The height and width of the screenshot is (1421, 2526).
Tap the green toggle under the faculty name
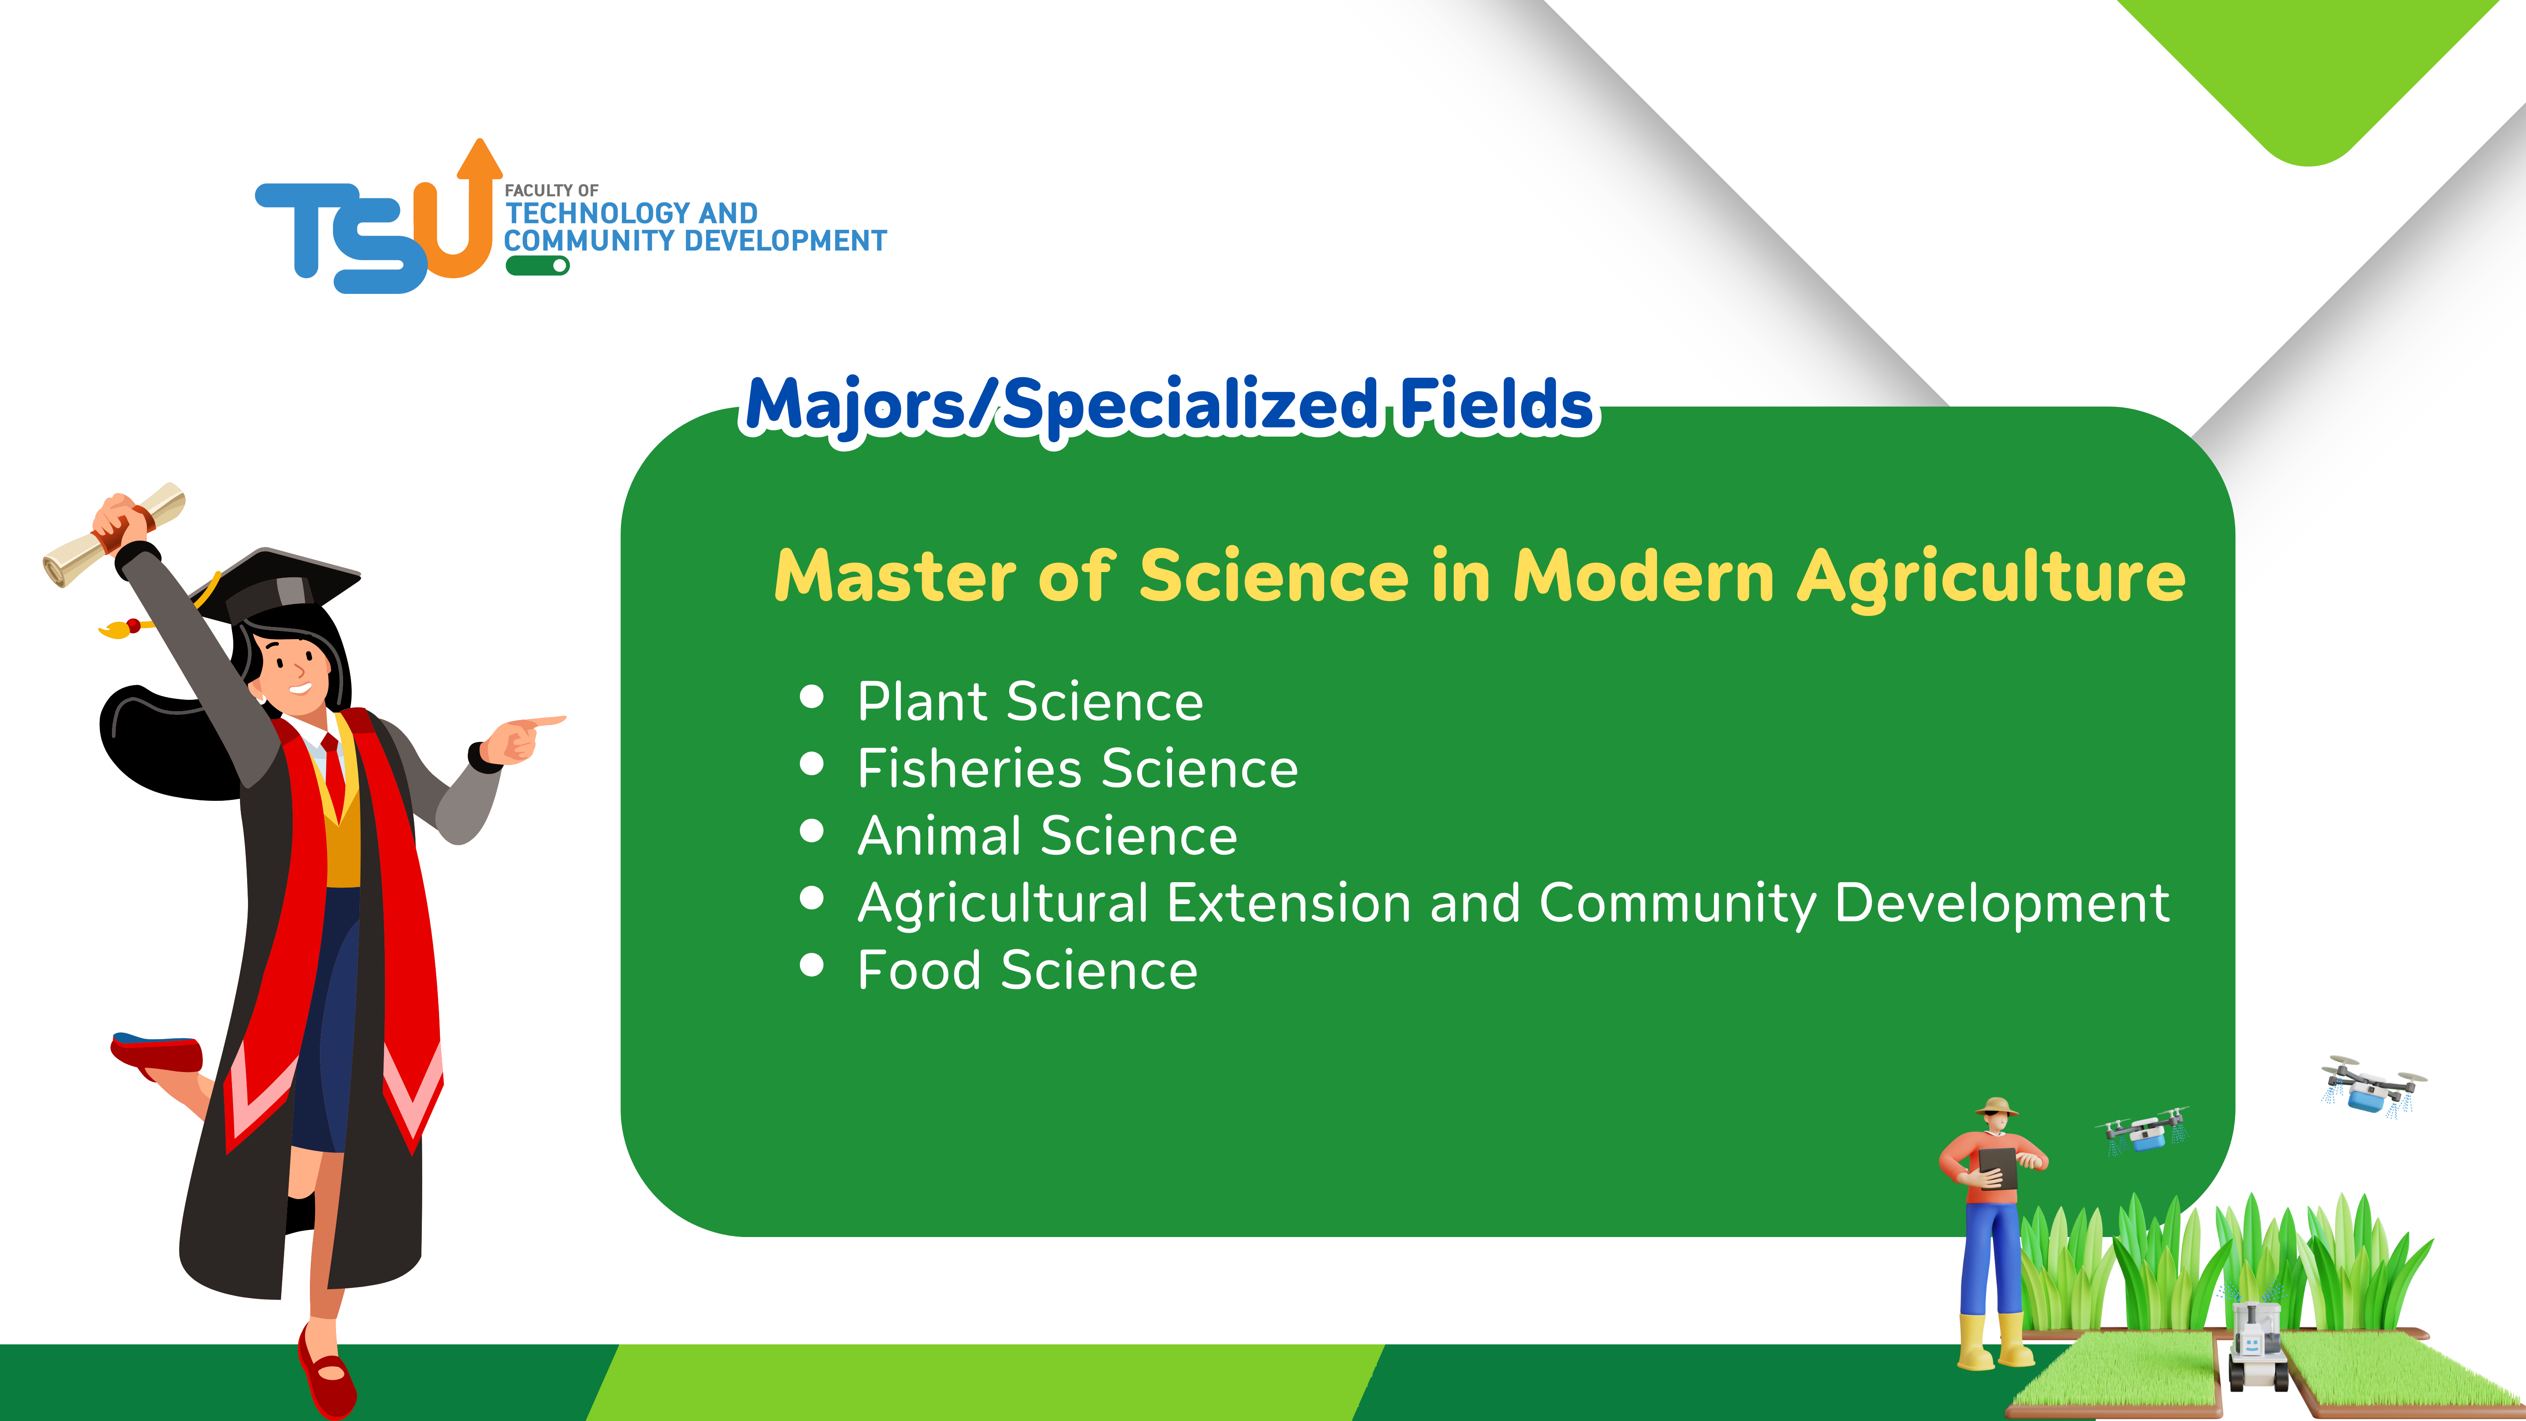click(x=537, y=266)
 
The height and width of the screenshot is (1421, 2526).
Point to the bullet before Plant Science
click(x=811, y=696)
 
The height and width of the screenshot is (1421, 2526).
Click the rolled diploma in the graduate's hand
click(x=113, y=534)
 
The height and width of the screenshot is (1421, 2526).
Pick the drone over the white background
click(x=2373, y=1087)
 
